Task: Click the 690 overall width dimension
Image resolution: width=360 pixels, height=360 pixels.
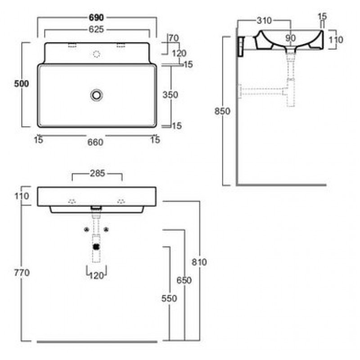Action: [96, 18]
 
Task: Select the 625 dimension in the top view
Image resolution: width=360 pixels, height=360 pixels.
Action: [96, 29]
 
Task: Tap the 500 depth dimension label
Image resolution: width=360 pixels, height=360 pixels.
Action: [22, 84]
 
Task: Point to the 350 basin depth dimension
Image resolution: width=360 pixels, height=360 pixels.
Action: [170, 94]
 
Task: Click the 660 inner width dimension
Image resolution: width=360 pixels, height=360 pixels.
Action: [95, 142]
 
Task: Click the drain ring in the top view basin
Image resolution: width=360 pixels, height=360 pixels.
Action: [96, 95]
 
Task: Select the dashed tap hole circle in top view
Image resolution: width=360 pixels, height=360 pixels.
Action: [97, 54]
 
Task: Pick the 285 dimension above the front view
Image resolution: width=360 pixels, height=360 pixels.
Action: [97, 173]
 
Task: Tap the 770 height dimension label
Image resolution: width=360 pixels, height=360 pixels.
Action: [22, 273]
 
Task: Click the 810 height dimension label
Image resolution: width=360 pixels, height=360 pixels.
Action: [199, 262]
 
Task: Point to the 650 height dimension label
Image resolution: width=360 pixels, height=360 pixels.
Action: [184, 280]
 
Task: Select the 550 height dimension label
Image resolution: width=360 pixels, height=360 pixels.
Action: [169, 298]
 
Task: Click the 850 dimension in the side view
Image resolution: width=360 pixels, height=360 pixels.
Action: [222, 111]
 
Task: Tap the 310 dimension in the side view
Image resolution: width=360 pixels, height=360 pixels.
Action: [264, 21]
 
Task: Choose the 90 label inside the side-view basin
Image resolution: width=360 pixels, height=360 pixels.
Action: [290, 38]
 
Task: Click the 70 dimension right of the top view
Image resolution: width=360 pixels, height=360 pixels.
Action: [174, 38]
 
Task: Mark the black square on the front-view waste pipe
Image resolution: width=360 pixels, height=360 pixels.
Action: [96, 247]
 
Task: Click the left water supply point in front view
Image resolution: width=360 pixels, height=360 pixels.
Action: [86, 229]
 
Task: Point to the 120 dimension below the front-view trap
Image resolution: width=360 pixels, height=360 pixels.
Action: [96, 275]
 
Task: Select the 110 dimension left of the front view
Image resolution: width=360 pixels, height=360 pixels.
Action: [22, 196]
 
